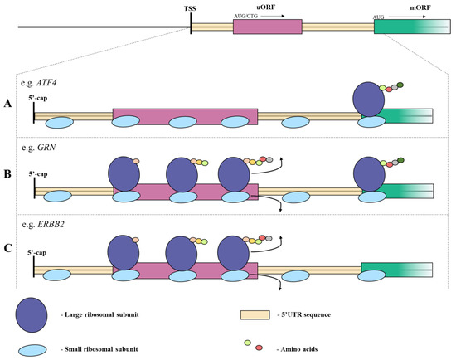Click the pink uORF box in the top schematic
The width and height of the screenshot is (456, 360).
tap(267, 27)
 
